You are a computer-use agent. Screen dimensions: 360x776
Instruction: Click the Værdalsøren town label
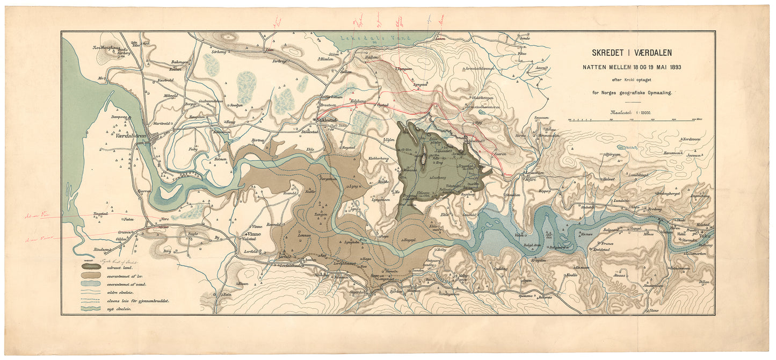click(132, 136)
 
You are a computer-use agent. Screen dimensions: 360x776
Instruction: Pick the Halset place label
click(608, 179)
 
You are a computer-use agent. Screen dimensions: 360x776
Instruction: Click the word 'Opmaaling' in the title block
click(658, 92)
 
